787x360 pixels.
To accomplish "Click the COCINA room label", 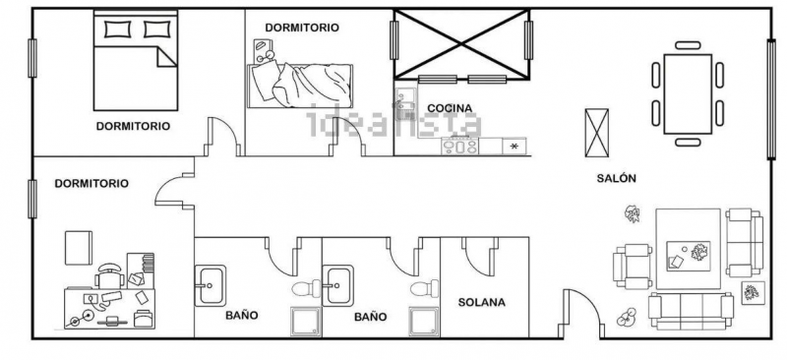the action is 450,108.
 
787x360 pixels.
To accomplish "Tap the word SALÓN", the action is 617,178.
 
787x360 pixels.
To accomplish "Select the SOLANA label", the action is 481,302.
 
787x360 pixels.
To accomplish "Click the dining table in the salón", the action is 688,93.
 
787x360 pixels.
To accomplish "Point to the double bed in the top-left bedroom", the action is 136,60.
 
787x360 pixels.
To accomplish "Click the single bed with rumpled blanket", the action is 300,86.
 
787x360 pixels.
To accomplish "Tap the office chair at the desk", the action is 110,275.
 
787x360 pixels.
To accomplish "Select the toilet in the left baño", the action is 306,289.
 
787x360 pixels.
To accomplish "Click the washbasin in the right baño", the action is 337,285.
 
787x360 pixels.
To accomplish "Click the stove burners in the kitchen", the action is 459,146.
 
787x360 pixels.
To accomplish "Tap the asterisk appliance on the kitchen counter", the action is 514,147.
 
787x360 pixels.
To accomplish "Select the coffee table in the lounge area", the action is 688,256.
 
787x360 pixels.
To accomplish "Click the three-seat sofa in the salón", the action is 691,311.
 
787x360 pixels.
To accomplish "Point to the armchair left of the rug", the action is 632,267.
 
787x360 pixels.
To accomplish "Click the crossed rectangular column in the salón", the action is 597,133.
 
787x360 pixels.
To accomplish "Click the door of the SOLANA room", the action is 480,256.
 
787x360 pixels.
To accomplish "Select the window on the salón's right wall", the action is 771,99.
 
